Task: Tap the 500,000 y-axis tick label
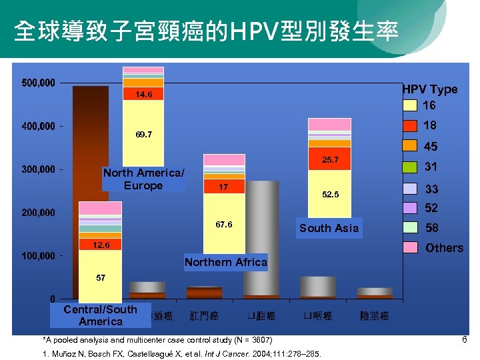point(38,83)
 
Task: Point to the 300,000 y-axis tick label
point(38,169)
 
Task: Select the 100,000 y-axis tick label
point(38,256)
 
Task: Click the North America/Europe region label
point(143,179)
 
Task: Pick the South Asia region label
point(329,228)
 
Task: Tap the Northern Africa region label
point(225,262)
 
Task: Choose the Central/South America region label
point(100,315)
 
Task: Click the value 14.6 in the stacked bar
point(144,95)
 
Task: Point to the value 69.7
point(144,135)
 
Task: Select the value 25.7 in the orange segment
point(330,161)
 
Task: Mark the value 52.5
point(330,195)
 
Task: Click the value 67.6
point(224,225)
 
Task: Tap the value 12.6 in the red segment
point(101,245)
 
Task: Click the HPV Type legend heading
point(429,89)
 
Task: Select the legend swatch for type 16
point(411,105)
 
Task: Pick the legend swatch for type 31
point(411,167)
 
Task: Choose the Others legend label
point(444,248)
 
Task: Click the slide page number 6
point(464,340)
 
